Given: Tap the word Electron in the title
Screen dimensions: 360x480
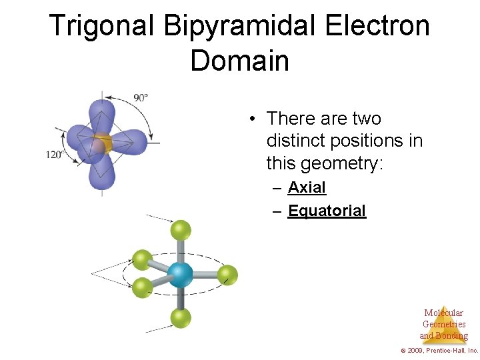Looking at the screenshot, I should point(377,27).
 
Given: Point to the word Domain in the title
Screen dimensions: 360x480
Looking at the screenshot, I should point(239,61).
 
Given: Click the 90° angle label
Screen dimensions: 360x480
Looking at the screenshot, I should point(141,97).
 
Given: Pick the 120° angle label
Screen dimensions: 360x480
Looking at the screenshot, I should point(54,155).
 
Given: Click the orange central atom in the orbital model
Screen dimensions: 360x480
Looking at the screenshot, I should point(102,143).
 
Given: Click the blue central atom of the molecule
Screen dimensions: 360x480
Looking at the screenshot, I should point(179,274).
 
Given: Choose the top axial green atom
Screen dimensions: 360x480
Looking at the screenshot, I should point(180,230).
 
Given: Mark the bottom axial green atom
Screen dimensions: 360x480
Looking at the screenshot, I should point(180,318).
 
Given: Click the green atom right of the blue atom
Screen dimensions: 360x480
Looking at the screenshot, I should point(227,274).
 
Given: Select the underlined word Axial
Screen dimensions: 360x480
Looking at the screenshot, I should point(307,188).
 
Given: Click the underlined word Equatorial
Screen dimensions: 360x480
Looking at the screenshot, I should point(327,211).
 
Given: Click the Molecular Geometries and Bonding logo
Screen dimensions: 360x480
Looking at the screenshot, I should point(443,325).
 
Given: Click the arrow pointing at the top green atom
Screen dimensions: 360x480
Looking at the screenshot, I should point(159,218).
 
